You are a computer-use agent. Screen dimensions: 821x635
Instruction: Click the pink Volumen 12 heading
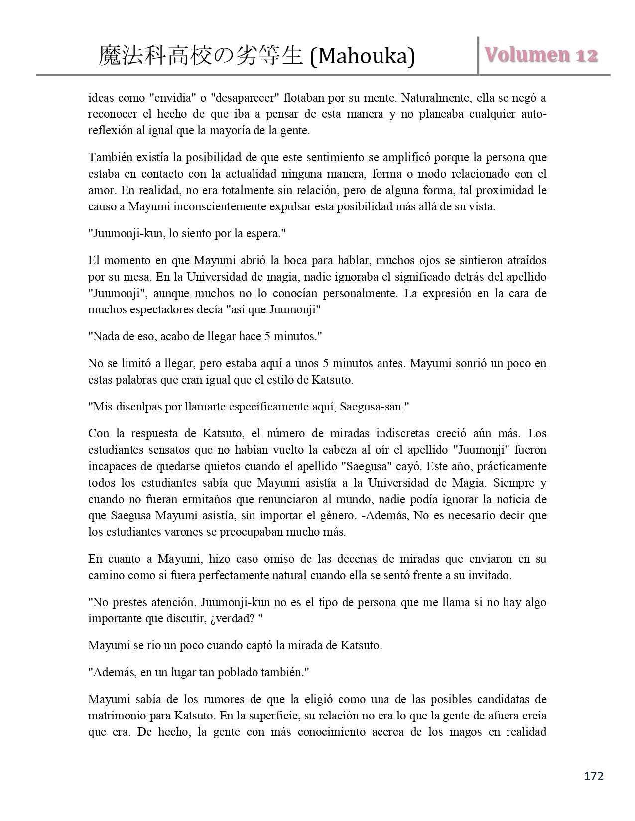click(541, 55)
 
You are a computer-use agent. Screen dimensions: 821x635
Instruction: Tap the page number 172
click(593, 776)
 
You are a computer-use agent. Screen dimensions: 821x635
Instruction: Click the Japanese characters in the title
click(200, 56)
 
